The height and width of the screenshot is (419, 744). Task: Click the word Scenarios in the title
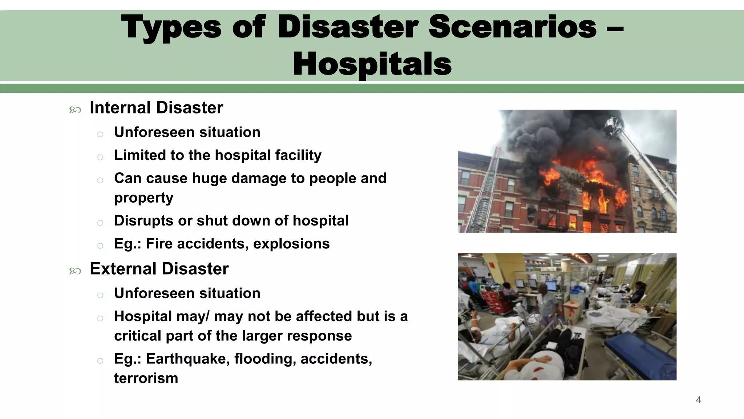point(513,27)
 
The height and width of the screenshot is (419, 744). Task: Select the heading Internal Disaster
point(156,108)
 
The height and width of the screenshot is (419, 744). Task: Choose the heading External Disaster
point(159,269)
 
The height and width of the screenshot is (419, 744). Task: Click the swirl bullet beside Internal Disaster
point(75,110)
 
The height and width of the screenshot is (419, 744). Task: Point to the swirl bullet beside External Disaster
point(75,271)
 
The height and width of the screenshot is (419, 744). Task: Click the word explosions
point(291,244)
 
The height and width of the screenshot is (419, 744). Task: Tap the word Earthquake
point(188,359)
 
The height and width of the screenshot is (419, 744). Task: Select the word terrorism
point(146,378)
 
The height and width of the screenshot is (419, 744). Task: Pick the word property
point(144,198)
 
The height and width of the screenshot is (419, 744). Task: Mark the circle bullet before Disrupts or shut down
point(100,223)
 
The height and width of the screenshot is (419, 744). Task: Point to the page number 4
point(698,400)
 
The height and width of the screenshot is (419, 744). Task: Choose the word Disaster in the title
point(348,27)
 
